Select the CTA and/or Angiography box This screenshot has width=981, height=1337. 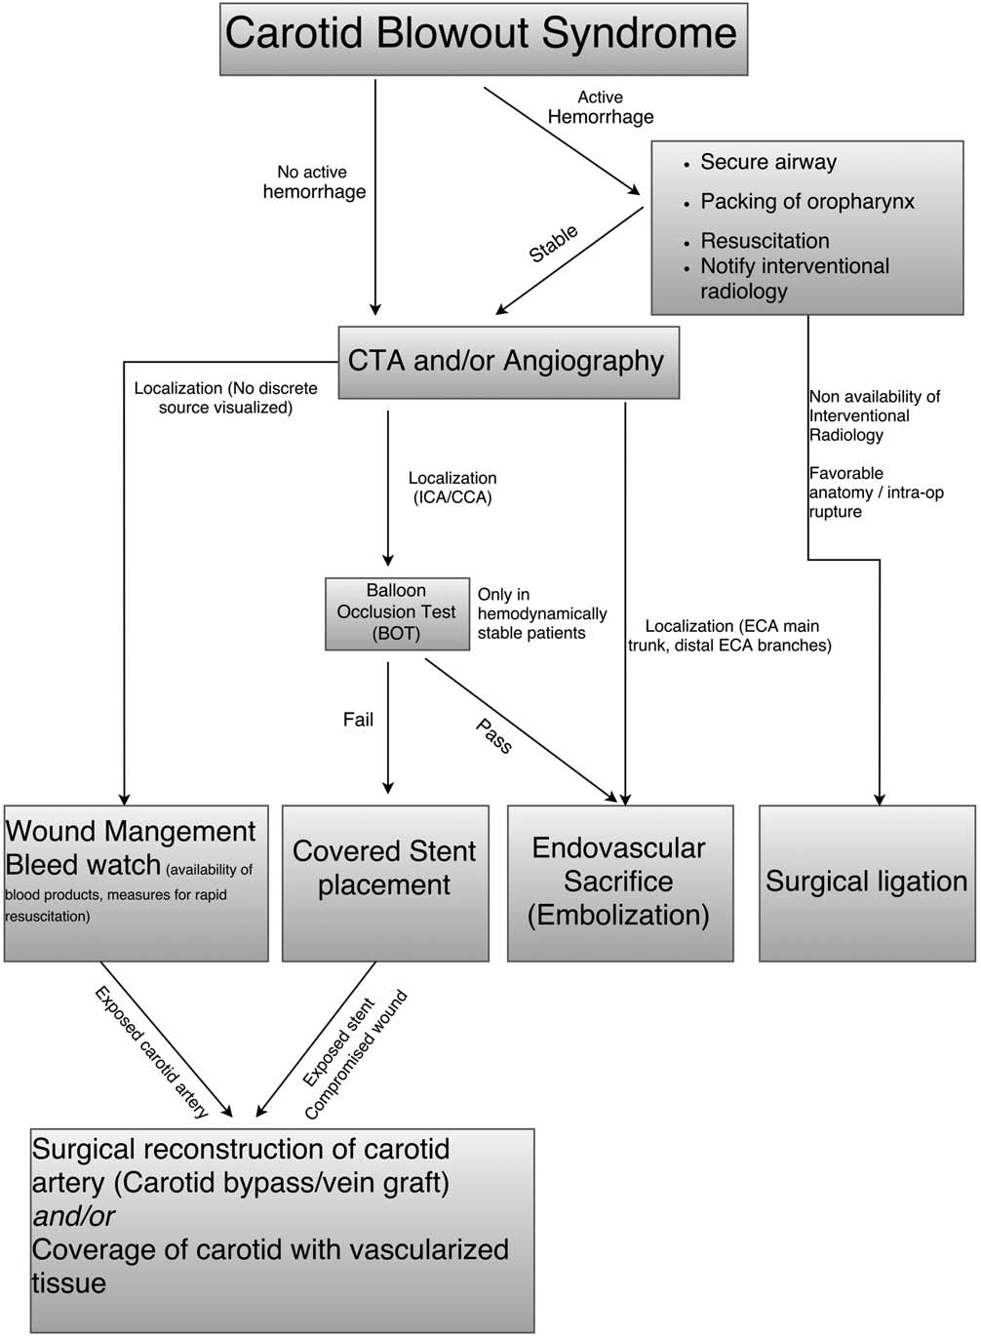point(507,362)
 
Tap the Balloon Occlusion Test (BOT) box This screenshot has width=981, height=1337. point(396,612)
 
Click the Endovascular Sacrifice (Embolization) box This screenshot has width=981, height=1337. point(619,882)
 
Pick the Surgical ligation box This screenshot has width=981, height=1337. point(867,882)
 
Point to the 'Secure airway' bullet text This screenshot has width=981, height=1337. point(768,162)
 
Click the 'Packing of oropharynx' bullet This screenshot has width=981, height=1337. point(807,202)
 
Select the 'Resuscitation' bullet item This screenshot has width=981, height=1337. point(765,241)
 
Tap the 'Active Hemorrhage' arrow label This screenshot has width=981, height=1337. point(601,107)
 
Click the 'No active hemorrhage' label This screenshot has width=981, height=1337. point(314,182)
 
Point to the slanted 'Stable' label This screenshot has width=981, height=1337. point(553,244)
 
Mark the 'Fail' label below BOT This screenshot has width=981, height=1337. point(358,720)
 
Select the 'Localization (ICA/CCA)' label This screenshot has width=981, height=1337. point(452,488)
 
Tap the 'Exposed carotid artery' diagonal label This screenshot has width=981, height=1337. point(151,1051)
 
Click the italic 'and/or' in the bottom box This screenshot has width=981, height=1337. point(74,1216)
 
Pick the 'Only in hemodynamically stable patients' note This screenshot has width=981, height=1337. point(541,613)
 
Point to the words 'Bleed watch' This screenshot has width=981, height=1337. point(83,865)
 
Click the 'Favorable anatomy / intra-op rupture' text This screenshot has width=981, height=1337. point(875,492)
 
